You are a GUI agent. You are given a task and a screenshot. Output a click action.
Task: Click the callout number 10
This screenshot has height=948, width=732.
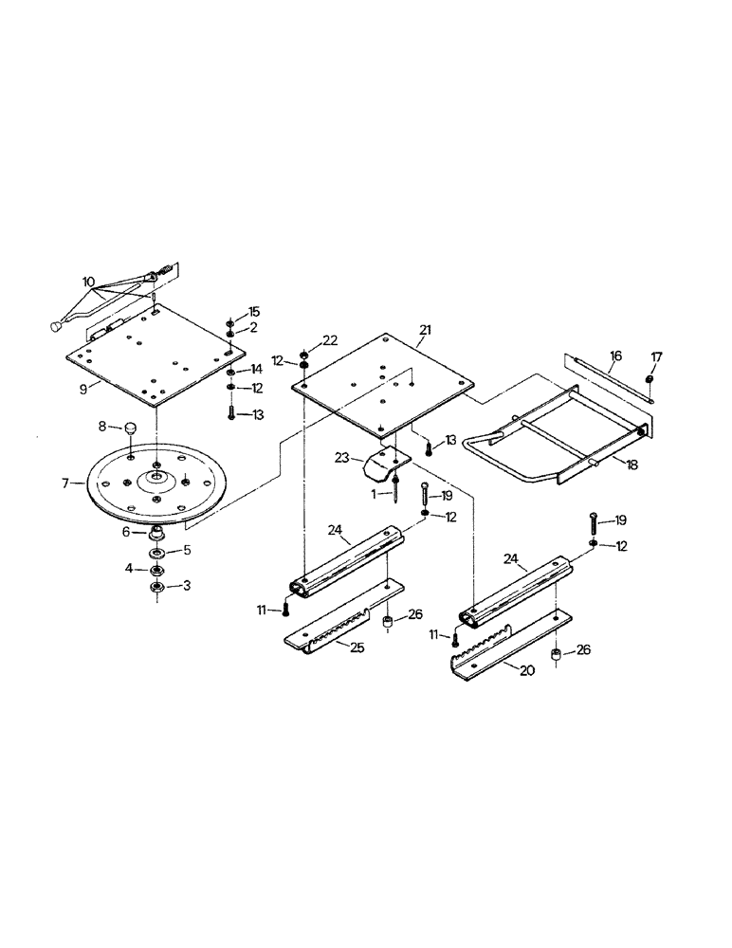pos(88,282)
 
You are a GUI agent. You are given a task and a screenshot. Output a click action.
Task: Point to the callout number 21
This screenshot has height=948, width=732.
pos(425,329)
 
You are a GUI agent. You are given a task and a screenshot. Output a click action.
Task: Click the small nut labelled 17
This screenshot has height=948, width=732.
pos(649,380)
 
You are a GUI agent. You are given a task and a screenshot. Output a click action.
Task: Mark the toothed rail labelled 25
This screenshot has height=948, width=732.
pos(341,627)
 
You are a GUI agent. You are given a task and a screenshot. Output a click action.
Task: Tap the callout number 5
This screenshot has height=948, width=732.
pos(187,549)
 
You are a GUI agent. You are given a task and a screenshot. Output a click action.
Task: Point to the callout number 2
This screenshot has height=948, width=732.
pos(254,327)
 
